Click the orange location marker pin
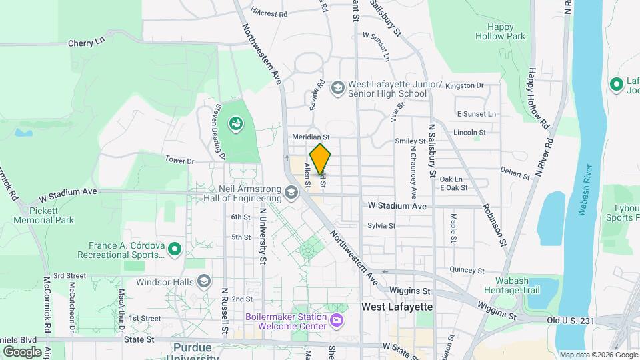tap(321, 159)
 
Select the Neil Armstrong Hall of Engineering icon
tap(291, 193)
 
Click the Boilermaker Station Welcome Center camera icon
tap(337, 321)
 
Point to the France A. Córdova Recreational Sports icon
tap(175, 249)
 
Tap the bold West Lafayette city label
tap(397, 307)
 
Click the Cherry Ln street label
tap(87, 42)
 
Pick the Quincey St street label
tap(467, 270)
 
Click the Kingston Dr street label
tap(464, 85)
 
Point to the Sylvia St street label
tap(381, 225)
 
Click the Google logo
tap(22, 351)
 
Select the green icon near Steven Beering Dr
tap(235, 123)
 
